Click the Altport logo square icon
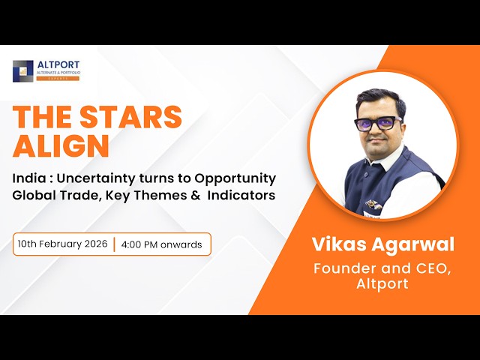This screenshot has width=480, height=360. pyautogui.click(x=23, y=70)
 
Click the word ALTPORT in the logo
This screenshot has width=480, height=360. pyautogui.click(x=58, y=64)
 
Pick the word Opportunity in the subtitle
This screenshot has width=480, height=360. pyautogui.click(x=235, y=178)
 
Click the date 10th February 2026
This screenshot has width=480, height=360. pyautogui.click(x=64, y=244)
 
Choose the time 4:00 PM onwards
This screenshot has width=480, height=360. pyautogui.click(x=161, y=244)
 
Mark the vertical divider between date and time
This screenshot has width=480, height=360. pyautogui.click(x=115, y=244)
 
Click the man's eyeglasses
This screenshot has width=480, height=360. pyautogui.click(x=378, y=123)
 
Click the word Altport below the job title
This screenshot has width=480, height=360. pyautogui.click(x=382, y=285)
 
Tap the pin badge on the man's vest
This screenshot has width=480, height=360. pyautogui.click(x=370, y=202)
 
